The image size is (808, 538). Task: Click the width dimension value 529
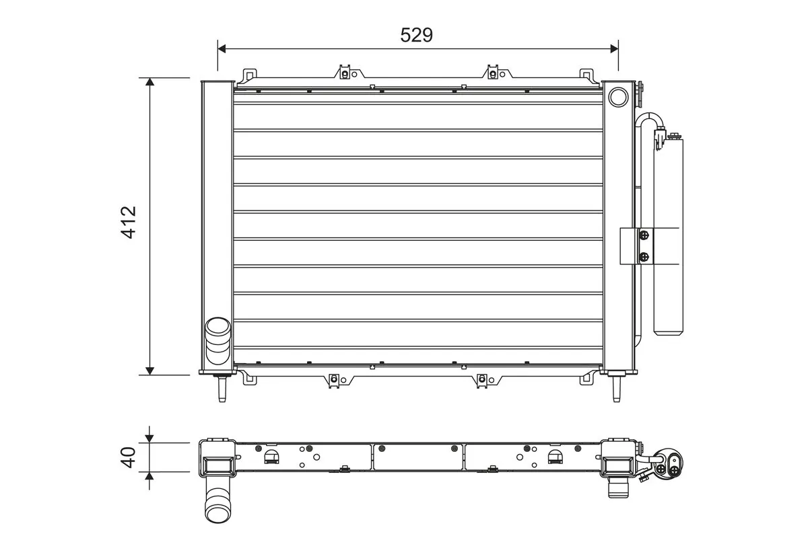[416, 35]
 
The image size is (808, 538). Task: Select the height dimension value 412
[128, 222]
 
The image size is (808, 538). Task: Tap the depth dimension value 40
[128, 457]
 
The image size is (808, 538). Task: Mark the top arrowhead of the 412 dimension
[149, 82]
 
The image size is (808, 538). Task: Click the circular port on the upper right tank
[617, 98]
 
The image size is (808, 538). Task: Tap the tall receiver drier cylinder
[667, 235]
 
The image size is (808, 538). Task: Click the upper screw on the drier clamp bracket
[644, 235]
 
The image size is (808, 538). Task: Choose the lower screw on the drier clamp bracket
[644, 256]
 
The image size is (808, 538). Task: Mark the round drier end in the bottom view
[671, 466]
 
